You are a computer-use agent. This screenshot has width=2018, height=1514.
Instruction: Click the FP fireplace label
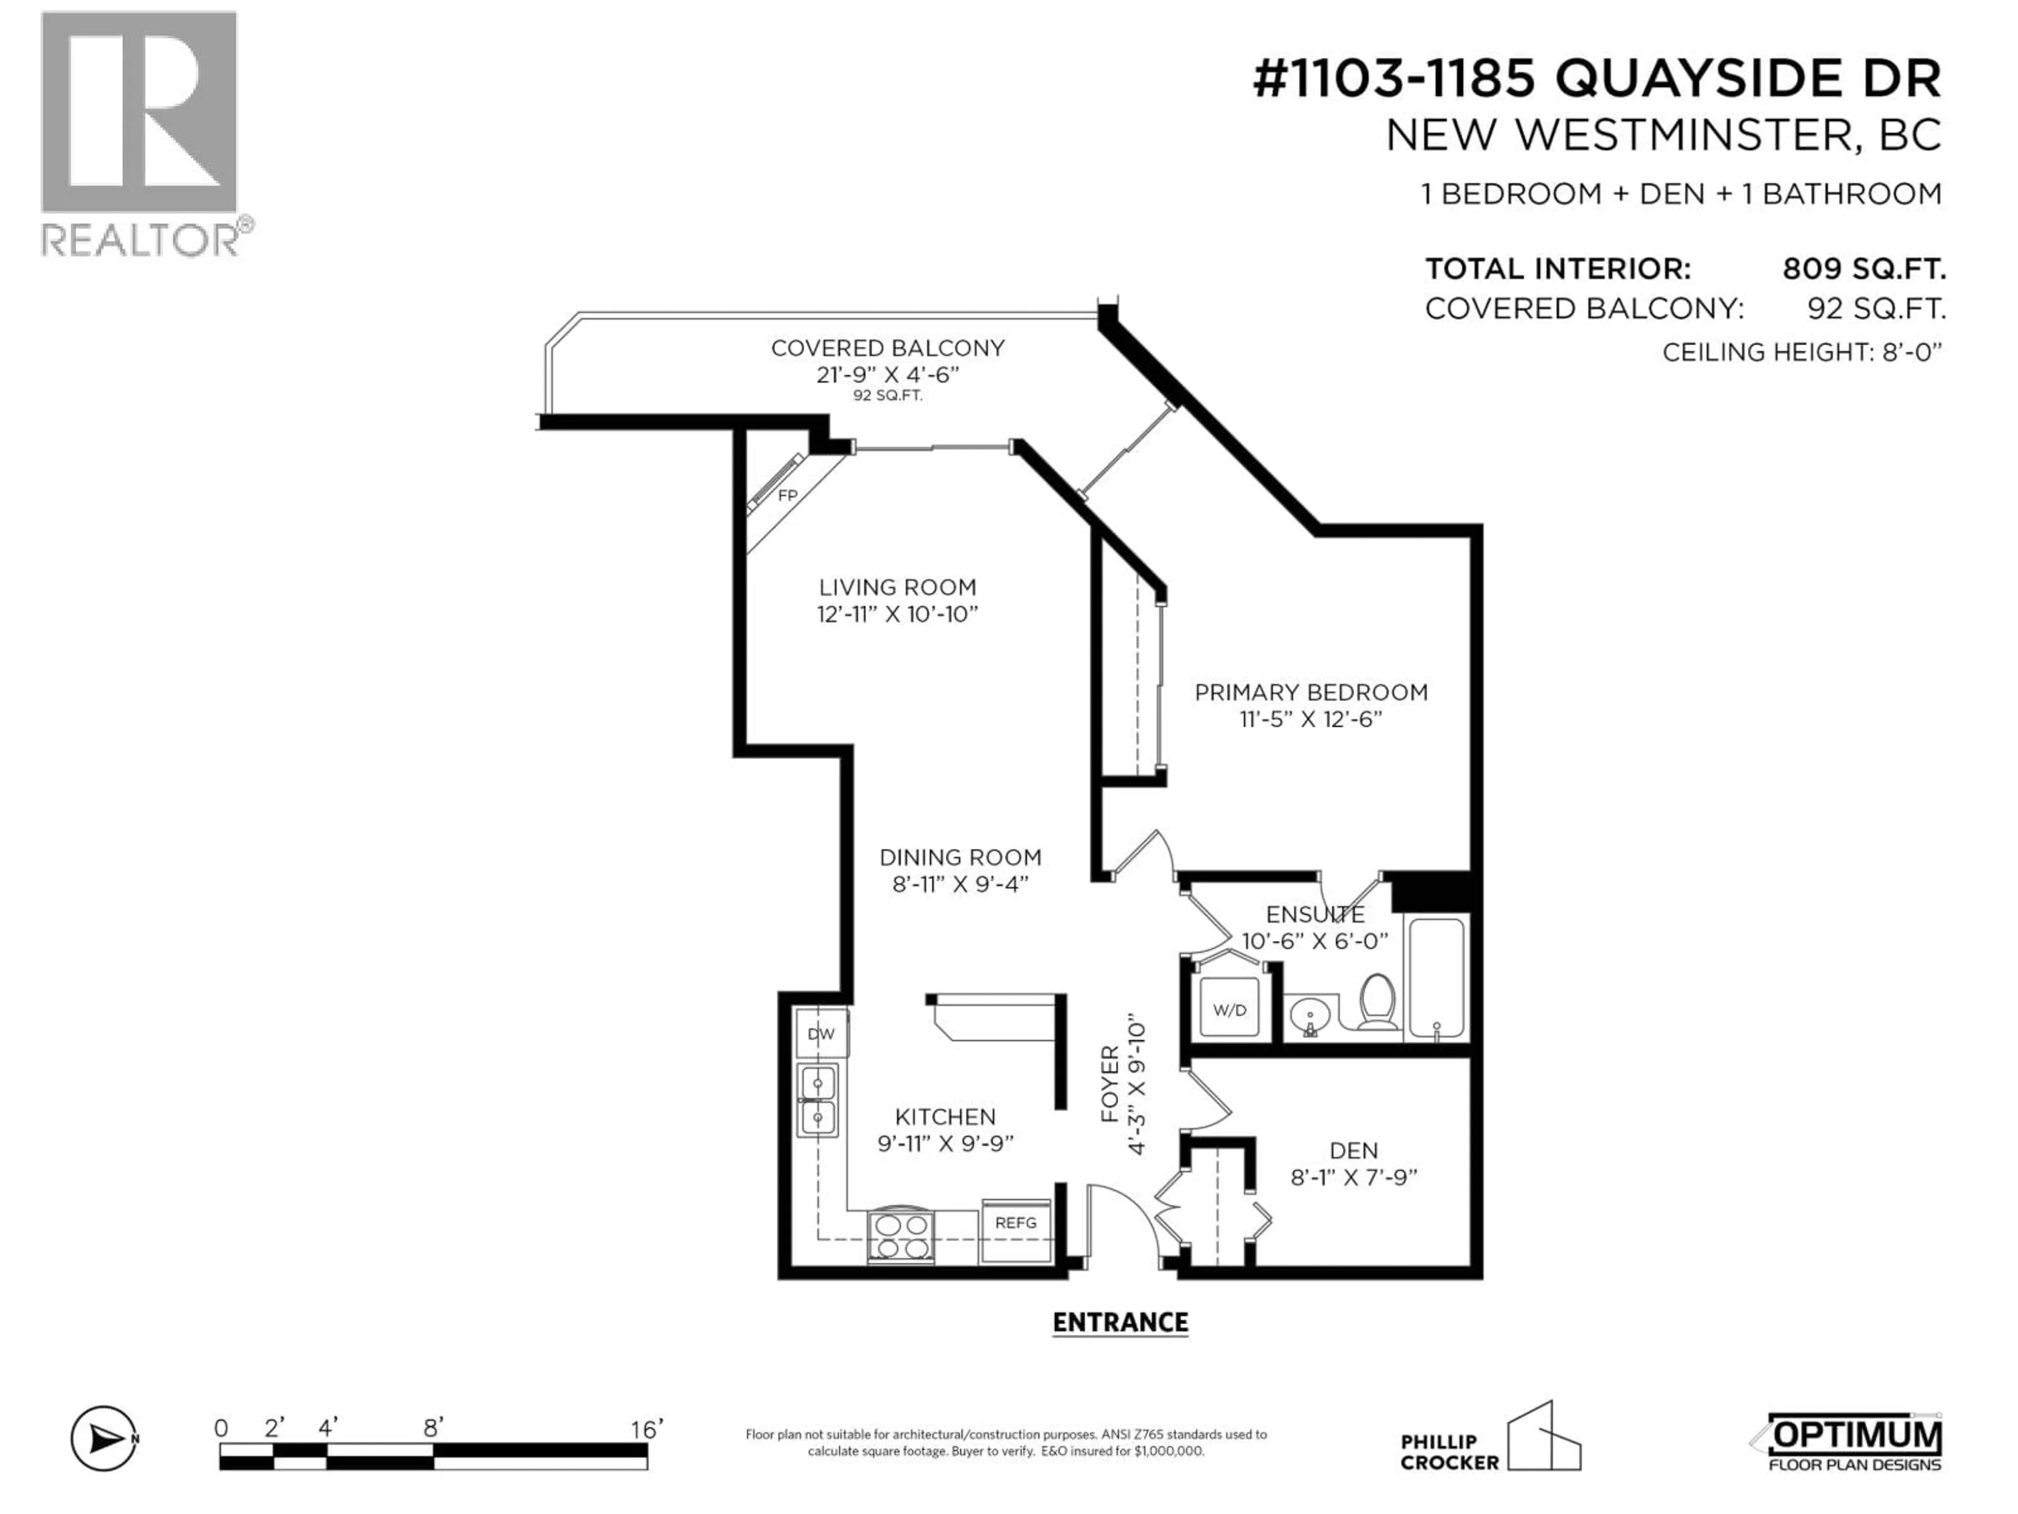coord(787,496)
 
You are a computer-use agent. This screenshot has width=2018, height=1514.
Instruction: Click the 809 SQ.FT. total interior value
coord(1863,269)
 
